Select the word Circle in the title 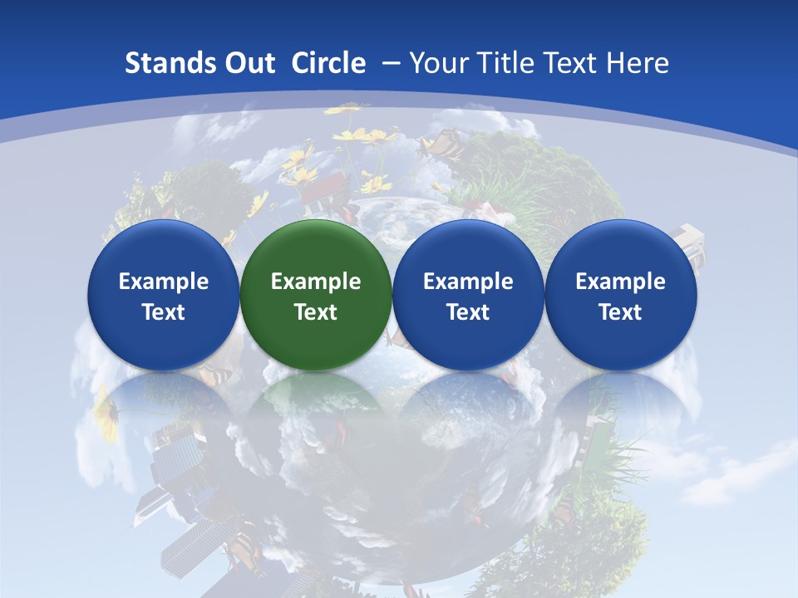click(328, 63)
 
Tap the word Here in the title click(638, 63)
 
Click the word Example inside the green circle click(316, 282)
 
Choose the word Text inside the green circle click(316, 312)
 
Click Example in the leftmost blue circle click(164, 282)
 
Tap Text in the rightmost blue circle click(621, 312)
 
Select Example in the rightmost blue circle click(621, 282)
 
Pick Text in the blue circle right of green click(468, 312)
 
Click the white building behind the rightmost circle click(689, 241)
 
